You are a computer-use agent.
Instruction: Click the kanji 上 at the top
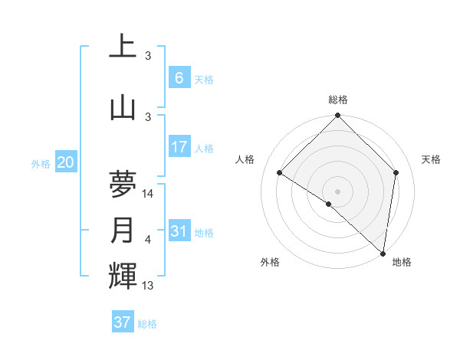(123, 47)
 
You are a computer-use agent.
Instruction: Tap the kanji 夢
(123, 185)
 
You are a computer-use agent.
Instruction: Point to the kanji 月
(123, 231)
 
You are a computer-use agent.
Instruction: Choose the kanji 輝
(123, 277)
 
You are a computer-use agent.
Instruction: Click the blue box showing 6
(179, 78)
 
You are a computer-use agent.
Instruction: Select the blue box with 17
(179, 147)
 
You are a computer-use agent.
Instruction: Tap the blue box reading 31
(179, 231)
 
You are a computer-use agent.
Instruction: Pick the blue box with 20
(65, 162)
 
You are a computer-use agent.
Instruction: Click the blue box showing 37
(123, 322)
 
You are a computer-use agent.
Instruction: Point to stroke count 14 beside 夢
(149, 194)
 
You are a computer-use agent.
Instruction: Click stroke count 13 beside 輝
(149, 286)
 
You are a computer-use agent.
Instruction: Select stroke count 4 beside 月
(148, 240)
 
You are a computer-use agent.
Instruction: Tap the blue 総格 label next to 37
(147, 324)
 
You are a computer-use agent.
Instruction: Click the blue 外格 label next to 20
(41, 164)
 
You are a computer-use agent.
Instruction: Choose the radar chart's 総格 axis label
(338, 100)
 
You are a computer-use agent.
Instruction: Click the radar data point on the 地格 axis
(383, 253)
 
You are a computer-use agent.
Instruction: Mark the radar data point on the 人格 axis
(280, 173)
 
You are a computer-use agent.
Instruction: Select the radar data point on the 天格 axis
(396, 172)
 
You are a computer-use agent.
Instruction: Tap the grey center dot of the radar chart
(338, 191)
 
